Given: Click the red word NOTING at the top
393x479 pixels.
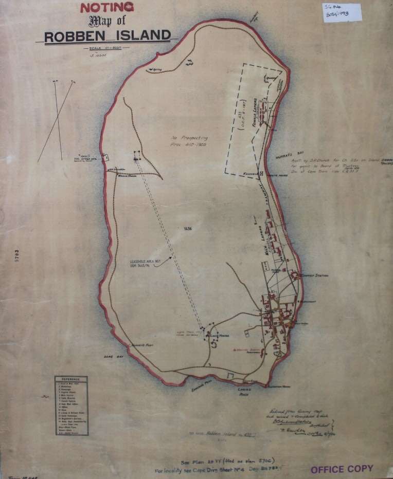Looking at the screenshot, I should coord(106,7).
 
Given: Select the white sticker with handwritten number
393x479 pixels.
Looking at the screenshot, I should coord(342,12).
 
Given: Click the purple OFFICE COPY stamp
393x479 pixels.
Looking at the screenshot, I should coord(342,469).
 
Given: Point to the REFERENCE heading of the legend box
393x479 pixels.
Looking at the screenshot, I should coord(71,381).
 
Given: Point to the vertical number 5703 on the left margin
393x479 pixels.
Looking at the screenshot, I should coord(17,257).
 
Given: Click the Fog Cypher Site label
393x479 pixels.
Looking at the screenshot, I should coord(88,158).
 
